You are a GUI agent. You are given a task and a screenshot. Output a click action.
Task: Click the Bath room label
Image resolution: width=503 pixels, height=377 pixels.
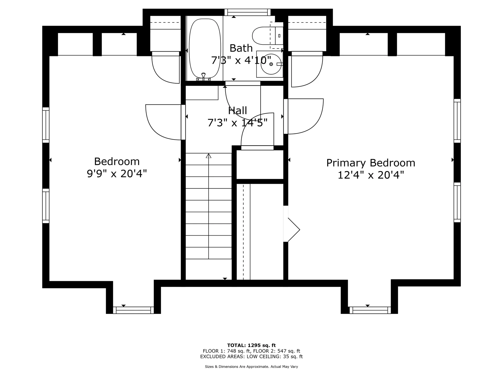pyautogui.click(x=241, y=48)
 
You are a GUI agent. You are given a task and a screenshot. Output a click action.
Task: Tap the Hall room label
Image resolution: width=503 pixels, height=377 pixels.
pyautogui.click(x=237, y=110)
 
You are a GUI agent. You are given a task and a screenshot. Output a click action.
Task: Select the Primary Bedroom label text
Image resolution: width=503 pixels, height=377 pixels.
pyautogui.click(x=371, y=163)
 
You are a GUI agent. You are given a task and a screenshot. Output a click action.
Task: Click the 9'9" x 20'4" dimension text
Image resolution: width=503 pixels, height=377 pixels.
pyautogui.click(x=117, y=173)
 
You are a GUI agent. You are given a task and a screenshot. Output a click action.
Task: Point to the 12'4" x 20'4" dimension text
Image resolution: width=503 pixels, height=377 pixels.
pyautogui.click(x=371, y=175)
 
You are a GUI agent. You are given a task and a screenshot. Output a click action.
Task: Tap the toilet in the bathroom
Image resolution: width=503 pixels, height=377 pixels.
pyautogui.click(x=267, y=35)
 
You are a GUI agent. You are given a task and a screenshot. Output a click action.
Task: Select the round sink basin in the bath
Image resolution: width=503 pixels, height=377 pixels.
pyautogui.click(x=271, y=64)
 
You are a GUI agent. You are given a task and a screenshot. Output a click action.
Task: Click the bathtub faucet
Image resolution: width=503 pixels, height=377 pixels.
pyautogui.click(x=203, y=77)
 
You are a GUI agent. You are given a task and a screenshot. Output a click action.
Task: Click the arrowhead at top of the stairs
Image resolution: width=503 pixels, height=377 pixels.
pyautogui.click(x=209, y=156)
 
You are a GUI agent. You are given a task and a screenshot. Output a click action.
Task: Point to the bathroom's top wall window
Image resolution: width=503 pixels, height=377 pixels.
pyautogui.click(x=248, y=12)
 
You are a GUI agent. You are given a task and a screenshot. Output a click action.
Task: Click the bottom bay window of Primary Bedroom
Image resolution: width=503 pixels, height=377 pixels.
pyautogui.click(x=370, y=310)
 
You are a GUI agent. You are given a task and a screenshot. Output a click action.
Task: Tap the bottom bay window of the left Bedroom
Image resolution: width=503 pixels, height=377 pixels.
pyautogui.click(x=133, y=310)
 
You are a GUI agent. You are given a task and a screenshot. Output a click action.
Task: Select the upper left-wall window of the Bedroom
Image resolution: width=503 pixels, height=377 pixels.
pyautogui.click(x=46, y=125)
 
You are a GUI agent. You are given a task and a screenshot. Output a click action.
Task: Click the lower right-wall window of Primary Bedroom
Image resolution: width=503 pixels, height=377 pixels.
pyautogui.click(x=457, y=202)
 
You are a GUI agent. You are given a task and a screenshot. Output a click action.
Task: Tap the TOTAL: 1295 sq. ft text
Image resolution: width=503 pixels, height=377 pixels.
pyautogui.click(x=251, y=345)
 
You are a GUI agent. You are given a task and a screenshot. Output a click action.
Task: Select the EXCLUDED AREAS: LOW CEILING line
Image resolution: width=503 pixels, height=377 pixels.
pyautogui.click(x=251, y=357)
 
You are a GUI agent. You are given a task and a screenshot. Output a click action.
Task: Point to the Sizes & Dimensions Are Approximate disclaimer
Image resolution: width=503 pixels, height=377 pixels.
pyautogui.click(x=251, y=367)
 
